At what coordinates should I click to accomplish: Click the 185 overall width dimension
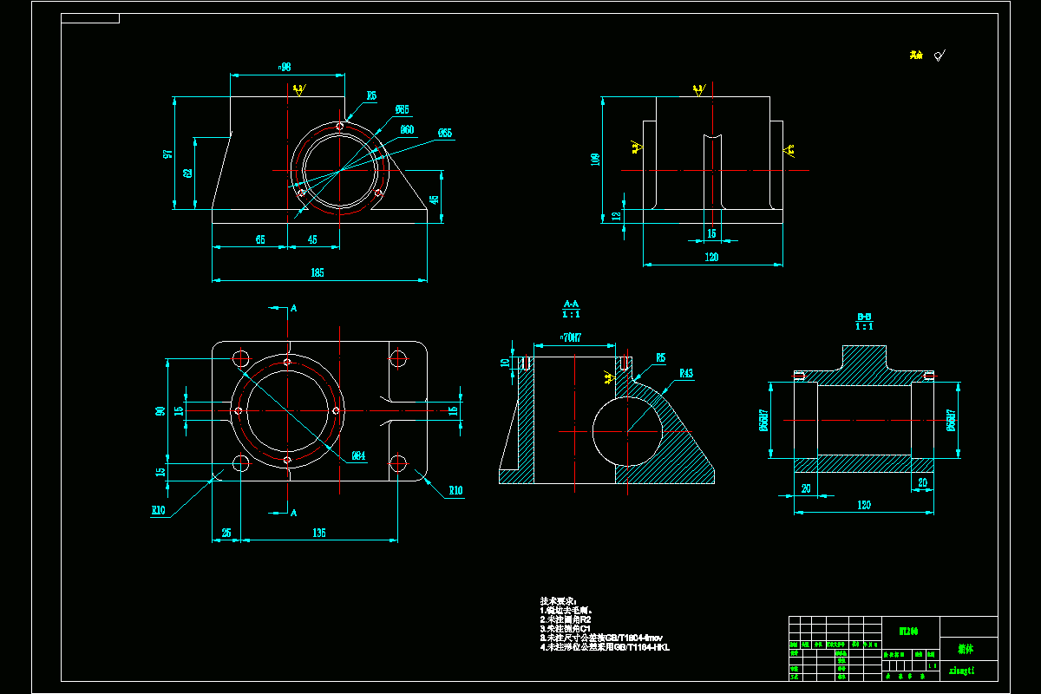317,273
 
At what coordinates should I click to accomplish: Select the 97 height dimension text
167,154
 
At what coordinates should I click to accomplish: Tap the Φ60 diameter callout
407,130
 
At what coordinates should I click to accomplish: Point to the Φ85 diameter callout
402,110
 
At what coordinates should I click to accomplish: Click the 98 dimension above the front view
285,67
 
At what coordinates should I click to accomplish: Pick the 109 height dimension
594,159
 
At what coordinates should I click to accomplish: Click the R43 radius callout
686,374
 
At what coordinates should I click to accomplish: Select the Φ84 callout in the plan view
357,455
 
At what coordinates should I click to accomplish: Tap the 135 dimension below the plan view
318,534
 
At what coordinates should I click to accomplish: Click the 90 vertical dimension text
160,410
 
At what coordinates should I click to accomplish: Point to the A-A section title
572,304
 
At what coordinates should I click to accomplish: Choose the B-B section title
864,317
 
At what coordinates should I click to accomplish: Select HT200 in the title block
895,632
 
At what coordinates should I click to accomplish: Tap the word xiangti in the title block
963,670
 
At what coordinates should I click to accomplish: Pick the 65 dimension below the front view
260,239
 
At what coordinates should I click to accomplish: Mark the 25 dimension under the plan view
226,534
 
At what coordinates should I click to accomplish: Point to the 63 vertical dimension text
187,173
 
